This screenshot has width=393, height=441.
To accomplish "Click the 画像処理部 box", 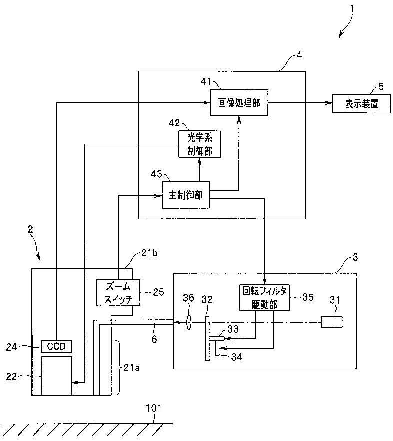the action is tap(239, 103).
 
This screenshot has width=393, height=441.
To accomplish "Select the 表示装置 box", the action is tap(361, 104).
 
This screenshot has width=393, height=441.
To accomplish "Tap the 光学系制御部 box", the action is tap(199, 144).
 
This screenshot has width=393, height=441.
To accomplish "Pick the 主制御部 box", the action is tap(186, 195).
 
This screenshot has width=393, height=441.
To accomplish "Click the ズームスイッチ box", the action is tap(118, 293).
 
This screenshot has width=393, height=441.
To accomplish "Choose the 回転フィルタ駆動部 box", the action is tap(264, 298).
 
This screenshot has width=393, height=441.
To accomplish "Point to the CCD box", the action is tap(57, 346).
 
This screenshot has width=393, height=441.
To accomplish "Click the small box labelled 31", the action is tap(332, 322).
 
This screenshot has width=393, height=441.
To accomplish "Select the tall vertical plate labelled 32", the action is tap(207, 338).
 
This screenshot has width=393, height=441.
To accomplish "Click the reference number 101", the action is tap(154, 408).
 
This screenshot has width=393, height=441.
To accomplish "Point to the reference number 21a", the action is tap(131, 368).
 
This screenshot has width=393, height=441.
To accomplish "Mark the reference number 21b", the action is tap(149, 253).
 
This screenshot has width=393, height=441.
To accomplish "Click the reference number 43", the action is tap(157, 174).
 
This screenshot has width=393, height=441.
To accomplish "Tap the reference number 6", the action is tap(154, 339).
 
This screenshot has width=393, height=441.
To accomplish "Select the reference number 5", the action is tap(381, 86).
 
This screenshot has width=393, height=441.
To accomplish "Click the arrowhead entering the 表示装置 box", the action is tap(329, 103).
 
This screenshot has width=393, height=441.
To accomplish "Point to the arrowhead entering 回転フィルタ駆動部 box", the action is tap(264, 281).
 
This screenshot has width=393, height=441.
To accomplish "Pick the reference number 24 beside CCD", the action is tap(12, 347).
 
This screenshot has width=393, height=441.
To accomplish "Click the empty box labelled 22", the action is tap(57, 376).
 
